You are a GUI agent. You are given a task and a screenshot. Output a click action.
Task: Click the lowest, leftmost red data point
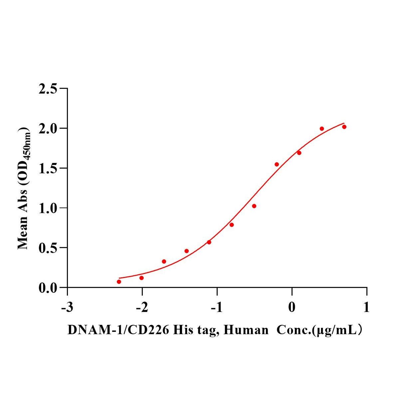[119, 282]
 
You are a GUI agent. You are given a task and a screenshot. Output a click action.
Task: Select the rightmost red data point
[344, 127]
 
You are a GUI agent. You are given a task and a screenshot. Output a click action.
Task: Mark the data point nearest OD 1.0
[254, 206]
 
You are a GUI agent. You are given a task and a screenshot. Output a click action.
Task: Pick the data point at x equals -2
[141, 278]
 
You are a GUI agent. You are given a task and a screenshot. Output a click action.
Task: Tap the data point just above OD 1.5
[277, 164]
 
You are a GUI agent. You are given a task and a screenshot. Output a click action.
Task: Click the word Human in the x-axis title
[246, 330]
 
